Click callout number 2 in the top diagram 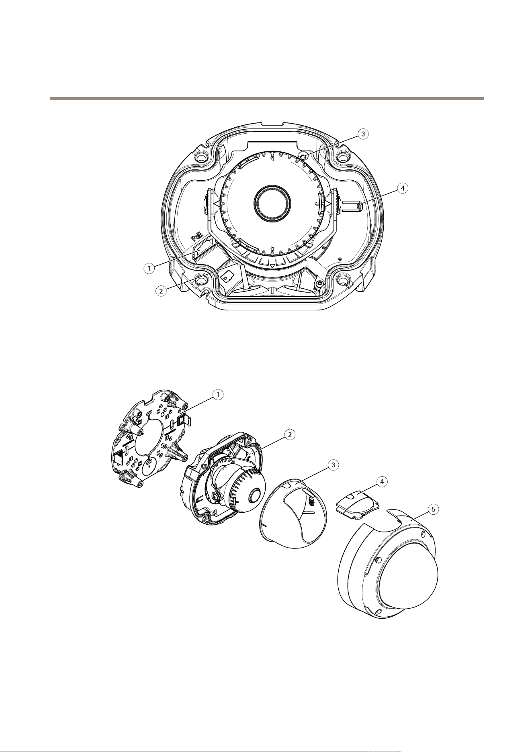coord(161,291)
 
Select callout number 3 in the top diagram coord(363,134)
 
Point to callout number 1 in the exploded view coord(218,395)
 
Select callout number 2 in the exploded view coord(289,434)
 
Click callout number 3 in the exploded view coord(332,465)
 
